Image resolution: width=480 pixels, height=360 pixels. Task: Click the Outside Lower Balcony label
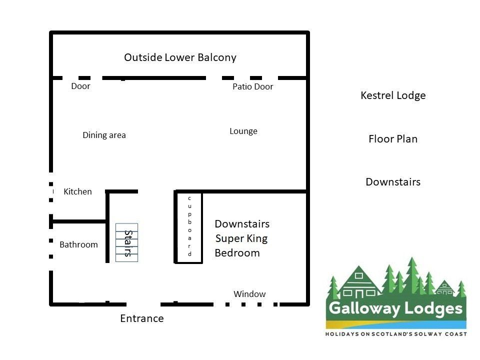[x=180, y=57]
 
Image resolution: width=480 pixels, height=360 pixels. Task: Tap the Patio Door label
[x=253, y=86]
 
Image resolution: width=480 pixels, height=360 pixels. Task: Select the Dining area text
[x=104, y=135]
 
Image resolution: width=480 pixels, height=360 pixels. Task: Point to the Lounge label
[x=243, y=131]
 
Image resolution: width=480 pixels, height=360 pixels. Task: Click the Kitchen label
[x=78, y=191]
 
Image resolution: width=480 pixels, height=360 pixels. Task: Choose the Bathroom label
[x=78, y=244]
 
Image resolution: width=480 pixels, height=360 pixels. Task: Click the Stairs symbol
[x=126, y=243]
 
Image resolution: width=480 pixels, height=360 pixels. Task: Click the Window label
[x=249, y=294]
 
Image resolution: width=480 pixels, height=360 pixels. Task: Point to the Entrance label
[x=142, y=318]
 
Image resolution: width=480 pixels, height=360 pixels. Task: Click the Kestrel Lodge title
[x=393, y=95]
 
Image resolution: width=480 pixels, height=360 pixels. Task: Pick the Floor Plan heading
[x=393, y=139]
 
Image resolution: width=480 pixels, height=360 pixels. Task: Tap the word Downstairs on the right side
[x=393, y=182]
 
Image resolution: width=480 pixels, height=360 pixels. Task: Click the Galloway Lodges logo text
[x=395, y=308]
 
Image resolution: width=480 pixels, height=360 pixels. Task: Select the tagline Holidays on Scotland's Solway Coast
[x=396, y=334]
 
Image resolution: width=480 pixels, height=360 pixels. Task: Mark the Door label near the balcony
[x=81, y=86]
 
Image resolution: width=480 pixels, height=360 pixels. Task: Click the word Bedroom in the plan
[x=237, y=253]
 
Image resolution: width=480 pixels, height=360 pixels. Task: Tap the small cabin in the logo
[x=444, y=288]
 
